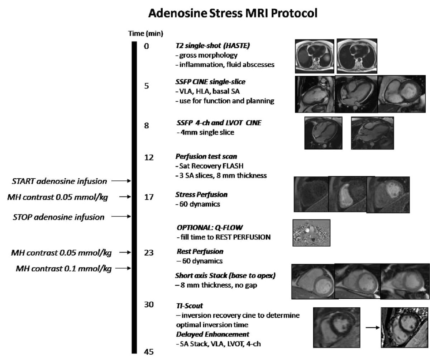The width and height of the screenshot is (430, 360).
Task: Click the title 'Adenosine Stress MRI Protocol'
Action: [233, 14]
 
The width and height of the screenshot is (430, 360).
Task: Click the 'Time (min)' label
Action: [146, 34]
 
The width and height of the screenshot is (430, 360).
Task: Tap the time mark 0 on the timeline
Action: [146, 46]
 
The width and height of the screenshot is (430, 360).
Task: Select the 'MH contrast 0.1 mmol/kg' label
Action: [64, 268]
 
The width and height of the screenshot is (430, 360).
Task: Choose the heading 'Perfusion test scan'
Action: [201, 157]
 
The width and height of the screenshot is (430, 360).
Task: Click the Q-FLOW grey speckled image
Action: [311, 233]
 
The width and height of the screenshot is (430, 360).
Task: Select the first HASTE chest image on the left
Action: [315, 56]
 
